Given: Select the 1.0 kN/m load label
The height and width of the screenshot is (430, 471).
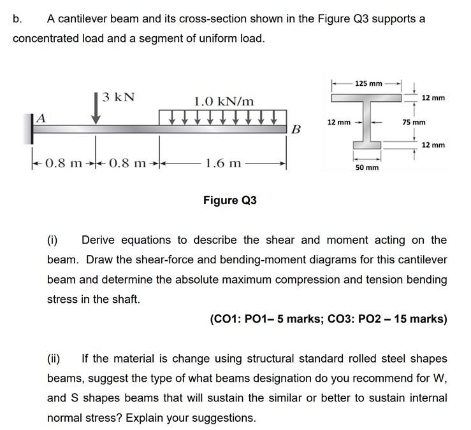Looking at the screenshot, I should coord(224,101).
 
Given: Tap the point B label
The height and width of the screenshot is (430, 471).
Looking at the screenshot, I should coord(295,130).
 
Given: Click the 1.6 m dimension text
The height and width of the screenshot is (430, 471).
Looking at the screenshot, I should coord(223,163).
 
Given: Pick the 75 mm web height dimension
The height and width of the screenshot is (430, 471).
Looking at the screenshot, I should coord(414,121).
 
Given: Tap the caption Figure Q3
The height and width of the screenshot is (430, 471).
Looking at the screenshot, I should coord(229,200).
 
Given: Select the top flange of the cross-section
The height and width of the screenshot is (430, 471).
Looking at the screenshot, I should coord(367,98).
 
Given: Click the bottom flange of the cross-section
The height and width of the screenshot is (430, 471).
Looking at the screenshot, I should coord(367,149).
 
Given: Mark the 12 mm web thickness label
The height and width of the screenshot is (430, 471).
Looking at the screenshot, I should coord(338,121).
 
